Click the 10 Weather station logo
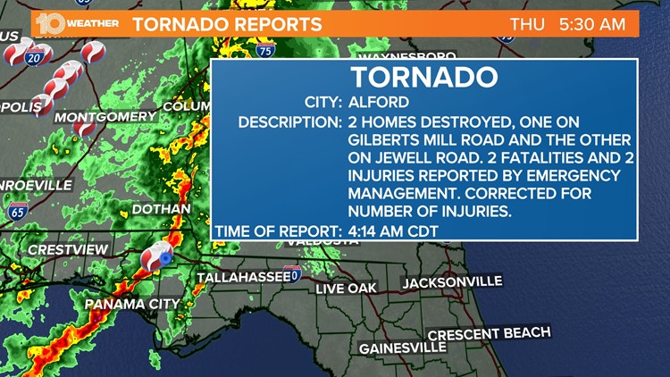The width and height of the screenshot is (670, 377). point(79,24)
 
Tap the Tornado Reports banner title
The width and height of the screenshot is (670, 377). point(227,24)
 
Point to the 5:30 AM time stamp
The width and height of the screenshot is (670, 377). point(592,24)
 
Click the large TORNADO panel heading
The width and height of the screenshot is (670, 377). point(423,77)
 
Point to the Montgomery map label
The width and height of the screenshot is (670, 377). point(105,117)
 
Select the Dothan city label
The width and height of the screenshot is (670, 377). point(160,209)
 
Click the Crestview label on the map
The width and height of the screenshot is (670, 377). point(68,250)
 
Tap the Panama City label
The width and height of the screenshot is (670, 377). point(132,304)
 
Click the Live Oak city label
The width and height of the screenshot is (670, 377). point(347,289)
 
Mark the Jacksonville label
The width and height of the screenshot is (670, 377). point(452,282)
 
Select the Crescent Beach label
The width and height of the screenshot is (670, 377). point(489,335)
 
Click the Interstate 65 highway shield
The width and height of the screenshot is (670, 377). point(18,212)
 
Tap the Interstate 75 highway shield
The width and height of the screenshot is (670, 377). point(266,51)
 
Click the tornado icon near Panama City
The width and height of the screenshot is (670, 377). point(155,256)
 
